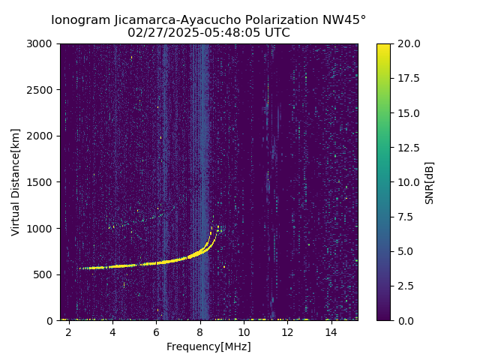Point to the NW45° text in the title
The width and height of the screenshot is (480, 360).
click(346, 20)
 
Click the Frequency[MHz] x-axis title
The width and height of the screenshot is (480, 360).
click(208, 346)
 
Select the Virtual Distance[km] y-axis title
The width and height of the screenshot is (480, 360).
click(16, 181)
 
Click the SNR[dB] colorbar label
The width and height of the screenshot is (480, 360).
click(430, 182)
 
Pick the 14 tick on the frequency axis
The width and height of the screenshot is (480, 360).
click(331, 331)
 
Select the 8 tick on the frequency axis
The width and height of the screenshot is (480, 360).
click(200, 331)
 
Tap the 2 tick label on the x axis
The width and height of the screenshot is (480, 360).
click(69, 331)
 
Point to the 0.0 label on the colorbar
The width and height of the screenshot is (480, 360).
click(406, 320)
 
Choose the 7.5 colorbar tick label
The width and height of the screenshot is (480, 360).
click(406, 217)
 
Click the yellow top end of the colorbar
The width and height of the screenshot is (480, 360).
click(383, 46)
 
